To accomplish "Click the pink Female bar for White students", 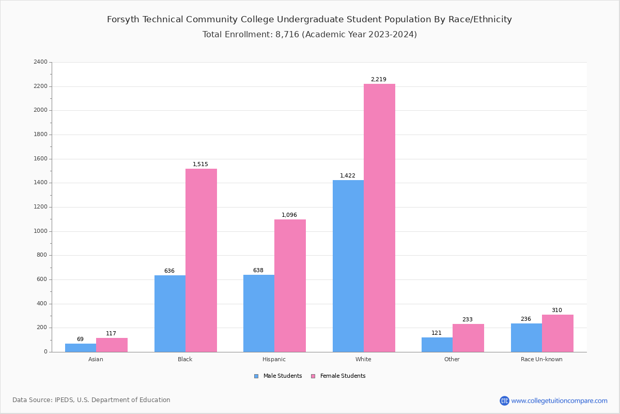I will pos(379,218).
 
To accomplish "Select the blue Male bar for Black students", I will pos(170,314).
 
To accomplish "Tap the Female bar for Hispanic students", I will pos(290,286).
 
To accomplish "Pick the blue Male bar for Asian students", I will pos(81,348).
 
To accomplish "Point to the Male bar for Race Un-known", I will pos(526,337).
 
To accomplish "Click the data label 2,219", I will pos(378,80).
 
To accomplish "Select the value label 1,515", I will pos(200,165).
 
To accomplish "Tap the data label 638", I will pos(258,271).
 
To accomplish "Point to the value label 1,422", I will pos(348,176).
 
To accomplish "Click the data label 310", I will pos(556,310).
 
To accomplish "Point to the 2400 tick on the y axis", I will pos(40,62).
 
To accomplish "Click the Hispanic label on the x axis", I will pos(274,359).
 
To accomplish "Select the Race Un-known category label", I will pos(541,359).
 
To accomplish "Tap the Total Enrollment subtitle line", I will pos(309,35).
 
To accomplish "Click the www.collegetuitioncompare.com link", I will pos(559,401).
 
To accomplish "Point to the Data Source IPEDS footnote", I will pos(91,400).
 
